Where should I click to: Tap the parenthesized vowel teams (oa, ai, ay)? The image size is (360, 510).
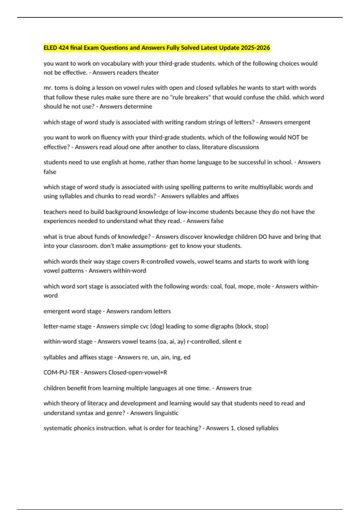click(170, 342)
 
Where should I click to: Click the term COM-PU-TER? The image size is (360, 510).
click(61, 373)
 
